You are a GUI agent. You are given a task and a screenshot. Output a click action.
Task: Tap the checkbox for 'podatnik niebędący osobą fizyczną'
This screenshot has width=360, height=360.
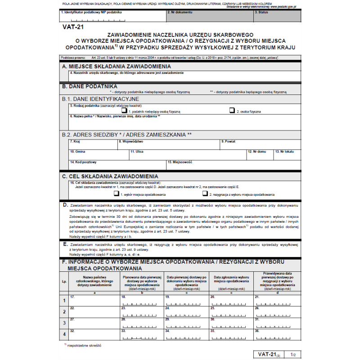tap(125, 110)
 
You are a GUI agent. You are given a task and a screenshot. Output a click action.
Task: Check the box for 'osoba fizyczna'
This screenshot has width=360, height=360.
tap(232, 110)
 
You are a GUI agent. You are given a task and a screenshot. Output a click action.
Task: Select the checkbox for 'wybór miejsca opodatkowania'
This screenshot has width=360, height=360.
tap(117, 194)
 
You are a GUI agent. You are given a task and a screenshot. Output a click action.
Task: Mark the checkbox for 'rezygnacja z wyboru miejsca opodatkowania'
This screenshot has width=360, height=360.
tap(205, 194)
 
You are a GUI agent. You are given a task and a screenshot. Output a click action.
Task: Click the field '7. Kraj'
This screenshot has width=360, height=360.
tap(93, 144)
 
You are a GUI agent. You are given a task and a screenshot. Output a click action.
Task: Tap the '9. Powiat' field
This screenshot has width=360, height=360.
tap(260, 144)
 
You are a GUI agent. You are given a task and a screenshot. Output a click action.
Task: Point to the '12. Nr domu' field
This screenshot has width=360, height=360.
tap(260, 154)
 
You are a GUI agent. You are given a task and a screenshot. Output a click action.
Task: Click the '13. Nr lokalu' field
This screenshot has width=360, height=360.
tap(287, 154)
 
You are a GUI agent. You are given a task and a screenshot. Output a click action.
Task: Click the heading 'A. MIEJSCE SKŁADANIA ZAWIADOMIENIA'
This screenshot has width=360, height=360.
tap(117, 66)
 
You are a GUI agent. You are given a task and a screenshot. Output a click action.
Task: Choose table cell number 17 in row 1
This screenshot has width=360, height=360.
tap(94, 300)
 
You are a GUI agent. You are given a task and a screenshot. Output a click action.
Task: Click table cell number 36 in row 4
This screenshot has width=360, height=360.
tap(277, 334)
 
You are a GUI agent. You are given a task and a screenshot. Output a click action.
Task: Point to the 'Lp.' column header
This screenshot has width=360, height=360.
tap(63, 281)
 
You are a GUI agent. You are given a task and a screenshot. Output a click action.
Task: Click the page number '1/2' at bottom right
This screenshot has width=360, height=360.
tap(293, 355)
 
